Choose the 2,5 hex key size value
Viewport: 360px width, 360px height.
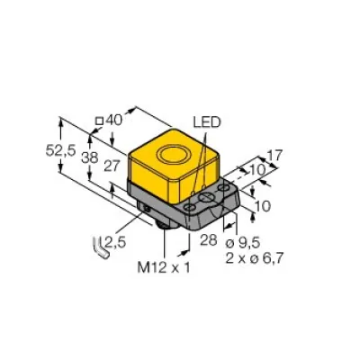114,240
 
